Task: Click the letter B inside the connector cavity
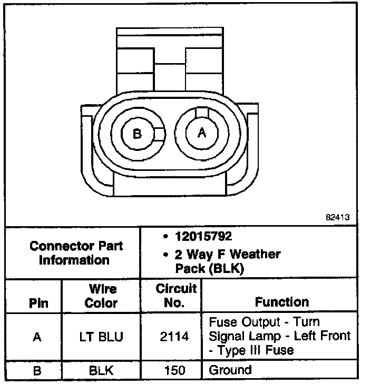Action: (x=138, y=134)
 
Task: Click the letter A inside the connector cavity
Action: (x=202, y=133)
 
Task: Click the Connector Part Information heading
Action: (x=76, y=252)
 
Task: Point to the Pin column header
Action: (x=37, y=303)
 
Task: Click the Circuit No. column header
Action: (x=175, y=296)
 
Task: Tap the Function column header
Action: (x=282, y=302)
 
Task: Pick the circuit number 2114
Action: (x=174, y=337)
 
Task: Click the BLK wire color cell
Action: (x=101, y=370)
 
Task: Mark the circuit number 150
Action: (x=174, y=370)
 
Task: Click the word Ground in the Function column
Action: (x=230, y=370)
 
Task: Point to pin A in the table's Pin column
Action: (x=37, y=337)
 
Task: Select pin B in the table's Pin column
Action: (x=37, y=370)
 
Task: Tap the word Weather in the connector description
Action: (x=256, y=255)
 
